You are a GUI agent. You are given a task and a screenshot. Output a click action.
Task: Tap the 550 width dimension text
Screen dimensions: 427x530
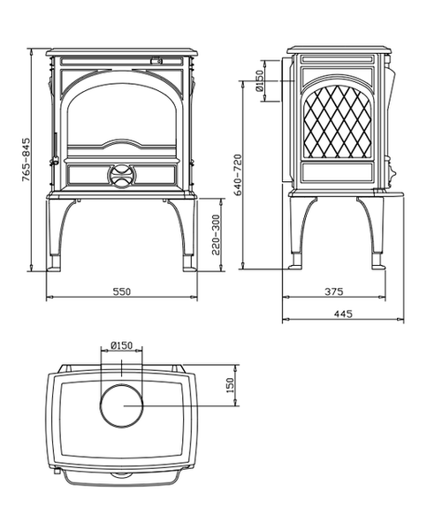[x=121, y=291]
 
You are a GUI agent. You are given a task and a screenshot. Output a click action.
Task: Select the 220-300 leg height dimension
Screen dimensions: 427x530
[x=216, y=235]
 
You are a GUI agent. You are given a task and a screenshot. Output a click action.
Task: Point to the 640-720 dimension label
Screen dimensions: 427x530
[x=238, y=175]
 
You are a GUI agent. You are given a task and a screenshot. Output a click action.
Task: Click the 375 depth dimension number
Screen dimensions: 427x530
[x=333, y=291]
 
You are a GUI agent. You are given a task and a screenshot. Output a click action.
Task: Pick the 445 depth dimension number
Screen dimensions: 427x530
[x=343, y=314]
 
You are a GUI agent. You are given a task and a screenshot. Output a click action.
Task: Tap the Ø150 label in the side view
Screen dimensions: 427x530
[x=260, y=81]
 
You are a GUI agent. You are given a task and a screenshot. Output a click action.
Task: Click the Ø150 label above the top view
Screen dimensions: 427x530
[x=121, y=345]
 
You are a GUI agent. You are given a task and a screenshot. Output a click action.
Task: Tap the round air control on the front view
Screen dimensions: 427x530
[x=122, y=176]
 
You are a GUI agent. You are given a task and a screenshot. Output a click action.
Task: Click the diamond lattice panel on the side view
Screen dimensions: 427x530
[x=338, y=122]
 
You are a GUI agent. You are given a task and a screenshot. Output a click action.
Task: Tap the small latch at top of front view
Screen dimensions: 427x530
[x=156, y=61]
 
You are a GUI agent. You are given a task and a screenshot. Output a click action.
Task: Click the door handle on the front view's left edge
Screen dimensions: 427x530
[x=54, y=148]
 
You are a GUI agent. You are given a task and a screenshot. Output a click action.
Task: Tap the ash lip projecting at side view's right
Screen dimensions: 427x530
[x=388, y=193]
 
